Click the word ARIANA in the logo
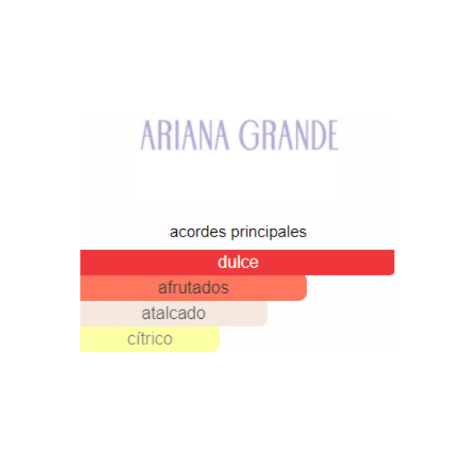coord(185,135)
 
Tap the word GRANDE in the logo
coord(288,135)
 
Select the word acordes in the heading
coord(198,232)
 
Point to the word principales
coord(269,233)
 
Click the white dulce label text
coord(238,262)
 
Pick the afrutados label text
coord(193,287)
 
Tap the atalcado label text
coord(174,313)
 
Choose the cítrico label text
coord(150,338)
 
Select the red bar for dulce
coord(237,262)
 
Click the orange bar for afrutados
coord(193,287)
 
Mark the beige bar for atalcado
coord(174,313)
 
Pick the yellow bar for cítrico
coord(150,339)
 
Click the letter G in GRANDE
coord(248,135)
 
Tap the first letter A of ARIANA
coord(148,135)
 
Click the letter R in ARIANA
coord(166,135)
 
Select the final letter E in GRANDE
coord(334,135)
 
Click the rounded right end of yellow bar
coord(219,339)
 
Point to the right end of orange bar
coord(306,287)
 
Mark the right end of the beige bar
coord(267,313)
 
